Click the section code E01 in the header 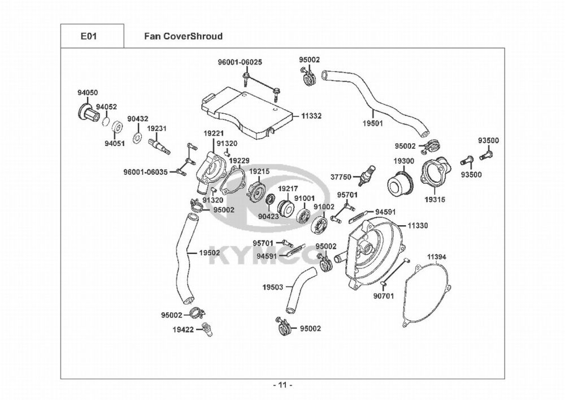coord(89,36)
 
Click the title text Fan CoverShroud coord(181,36)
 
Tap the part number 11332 coord(311,115)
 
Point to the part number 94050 coord(88,92)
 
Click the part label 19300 coord(403,161)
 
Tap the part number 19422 coord(182,328)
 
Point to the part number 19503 coord(272,287)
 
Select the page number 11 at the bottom coord(282,386)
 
